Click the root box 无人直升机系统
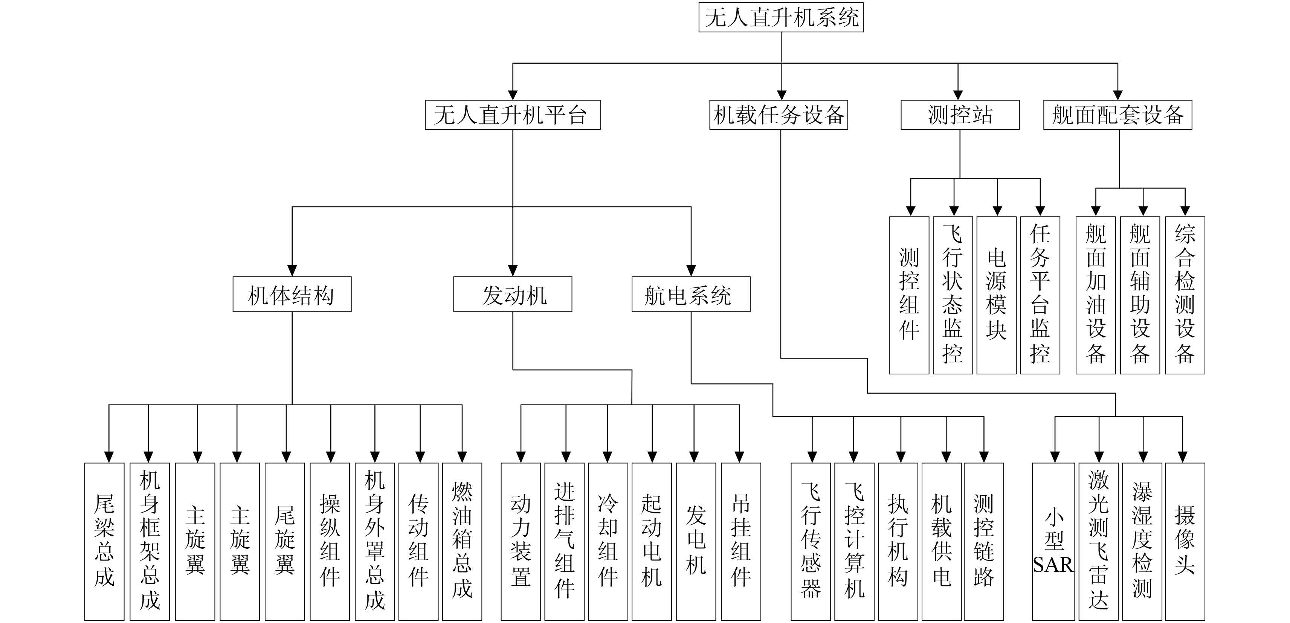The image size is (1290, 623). (x=781, y=18)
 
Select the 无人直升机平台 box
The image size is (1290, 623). (x=512, y=115)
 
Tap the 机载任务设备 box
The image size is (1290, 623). (x=778, y=115)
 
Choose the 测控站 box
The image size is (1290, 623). (x=959, y=115)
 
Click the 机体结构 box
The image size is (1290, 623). (x=292, y=295)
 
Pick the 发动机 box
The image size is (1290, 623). (x=512, y=295)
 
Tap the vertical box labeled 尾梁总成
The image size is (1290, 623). (x=104, y=541)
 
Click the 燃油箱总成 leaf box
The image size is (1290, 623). (x=462, y=541)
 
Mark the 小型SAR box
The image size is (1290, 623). (x=1053, y=541)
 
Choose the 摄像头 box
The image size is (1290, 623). (x=1185, y=541)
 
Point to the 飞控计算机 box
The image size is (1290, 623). (x=854, y=541)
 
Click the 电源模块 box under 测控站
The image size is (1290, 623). (x=996, y=295)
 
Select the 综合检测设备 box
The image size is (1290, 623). (x=1185, y=295)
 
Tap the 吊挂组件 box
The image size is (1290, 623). (x=740, y=541)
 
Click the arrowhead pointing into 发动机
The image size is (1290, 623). (x=513, y=271)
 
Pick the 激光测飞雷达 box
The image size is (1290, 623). (x=1098, y=541)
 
